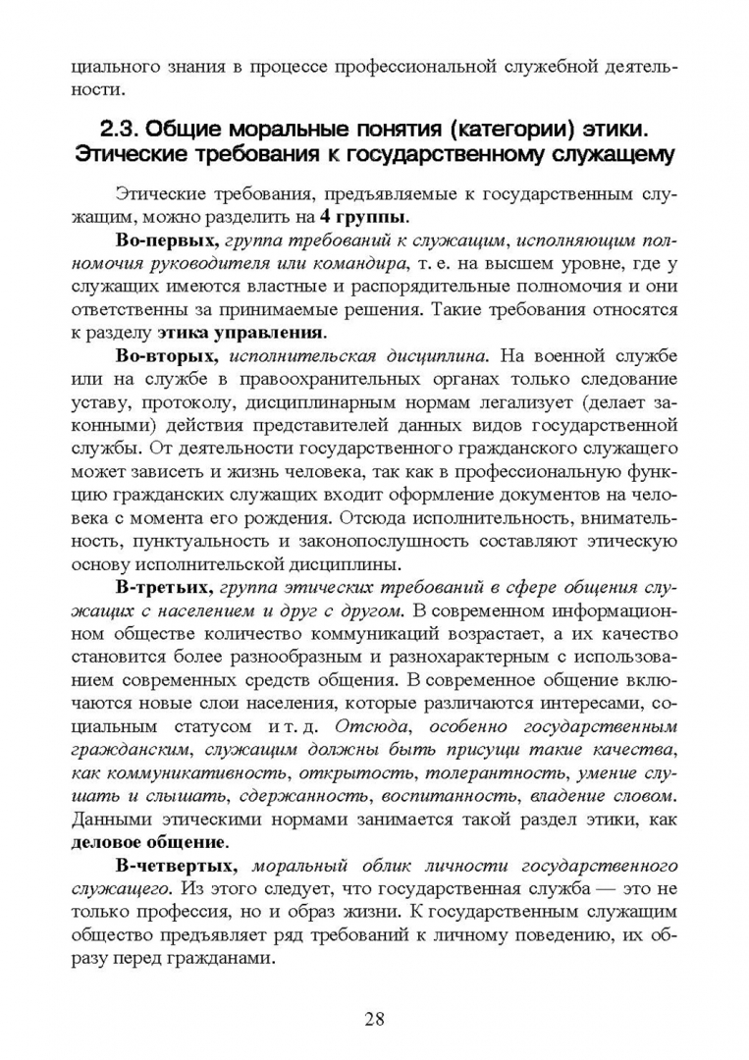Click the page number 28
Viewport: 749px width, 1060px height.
click(x=374, y=1017)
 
